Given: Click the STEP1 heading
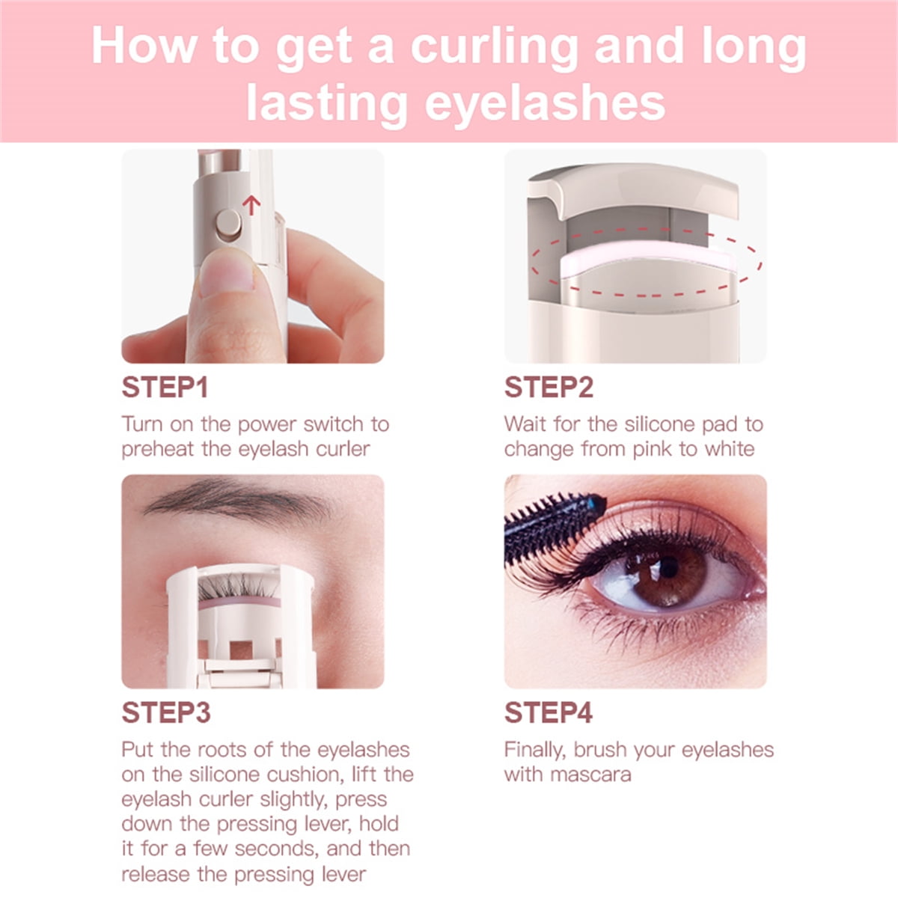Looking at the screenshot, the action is [165, 387].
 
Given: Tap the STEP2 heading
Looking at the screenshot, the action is [549, 387].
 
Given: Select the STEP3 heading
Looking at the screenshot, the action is [166, 712].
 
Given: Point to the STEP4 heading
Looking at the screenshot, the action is [549, 712].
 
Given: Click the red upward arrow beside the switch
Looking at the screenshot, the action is [251, 205].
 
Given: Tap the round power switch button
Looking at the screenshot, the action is [228, 224].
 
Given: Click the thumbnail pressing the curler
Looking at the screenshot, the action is [227, 275].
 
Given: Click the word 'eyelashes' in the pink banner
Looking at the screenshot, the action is [545, 103].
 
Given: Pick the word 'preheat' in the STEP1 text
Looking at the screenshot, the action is [158, 450].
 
